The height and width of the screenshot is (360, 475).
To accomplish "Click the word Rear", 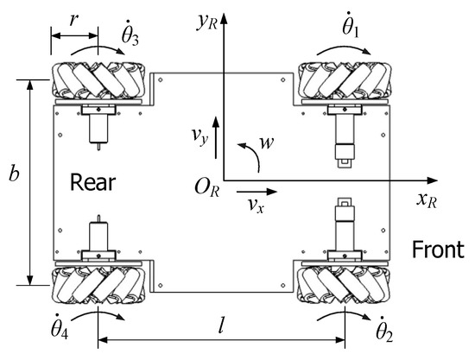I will (x=92, y=182).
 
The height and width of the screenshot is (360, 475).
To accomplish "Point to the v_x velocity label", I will (x=256, y=205).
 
